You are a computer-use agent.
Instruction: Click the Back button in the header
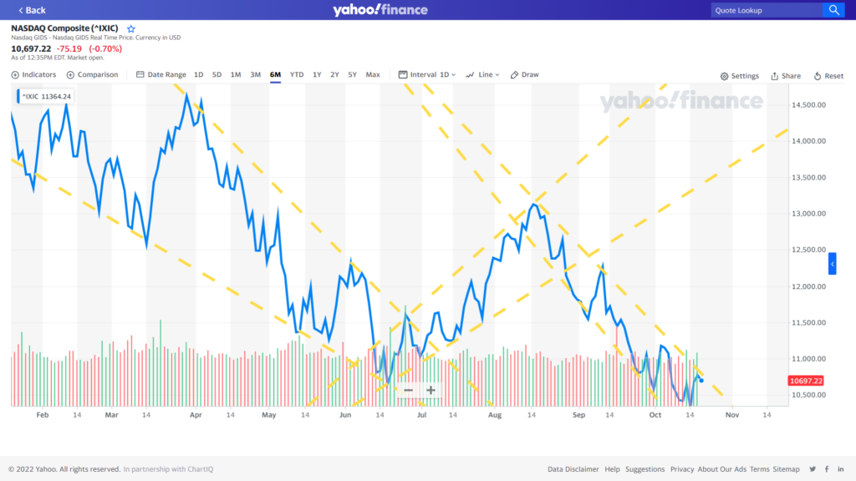coord(32,10)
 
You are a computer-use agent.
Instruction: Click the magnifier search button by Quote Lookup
coord(833,10)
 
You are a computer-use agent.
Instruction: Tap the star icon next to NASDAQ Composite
coord(130,28)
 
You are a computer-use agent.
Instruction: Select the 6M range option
coord(275,75)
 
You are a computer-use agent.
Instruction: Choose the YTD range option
coord(297,75)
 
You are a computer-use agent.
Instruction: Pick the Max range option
coord(373,75)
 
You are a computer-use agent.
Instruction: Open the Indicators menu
coord(34,75)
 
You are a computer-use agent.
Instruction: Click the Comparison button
coord(93,75)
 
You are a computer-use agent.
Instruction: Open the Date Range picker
coord(161,75)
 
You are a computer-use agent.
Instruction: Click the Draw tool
coord(525,75)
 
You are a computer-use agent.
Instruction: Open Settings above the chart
coord(740,76)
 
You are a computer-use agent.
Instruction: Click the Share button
coord(786,76)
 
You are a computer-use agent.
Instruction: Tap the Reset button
coord(828,76)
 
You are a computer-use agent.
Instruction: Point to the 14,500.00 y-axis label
coord(808,105)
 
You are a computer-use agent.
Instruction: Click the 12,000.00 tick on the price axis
coord(808,286)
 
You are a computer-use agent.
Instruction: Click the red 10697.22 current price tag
coord(806,381)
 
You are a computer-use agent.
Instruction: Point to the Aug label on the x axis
coord(495,414)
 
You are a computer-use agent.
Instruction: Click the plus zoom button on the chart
coord(431,390)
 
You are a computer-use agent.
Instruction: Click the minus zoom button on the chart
coord(408,390)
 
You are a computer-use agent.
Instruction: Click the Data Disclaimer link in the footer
coord(573,469)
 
